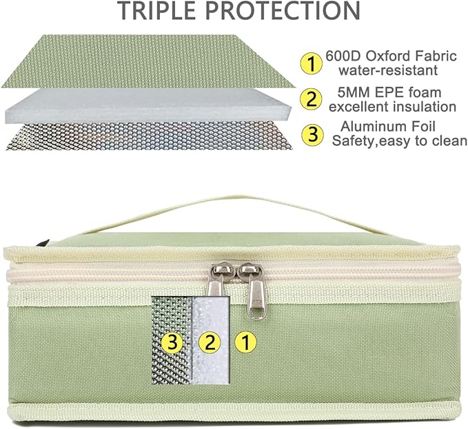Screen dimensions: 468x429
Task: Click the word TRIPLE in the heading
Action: point(159,11)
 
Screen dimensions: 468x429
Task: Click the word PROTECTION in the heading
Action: point(283,11)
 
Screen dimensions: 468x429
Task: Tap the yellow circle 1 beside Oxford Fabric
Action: point(311,63)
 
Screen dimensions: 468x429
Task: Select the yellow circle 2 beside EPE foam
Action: point(311,99)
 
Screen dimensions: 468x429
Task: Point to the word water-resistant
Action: point(388,71)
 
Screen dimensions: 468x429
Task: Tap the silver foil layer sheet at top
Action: point(150,136)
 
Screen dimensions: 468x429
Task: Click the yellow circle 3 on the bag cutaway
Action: point(172,342)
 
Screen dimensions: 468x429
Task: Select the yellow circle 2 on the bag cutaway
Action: point(210,342)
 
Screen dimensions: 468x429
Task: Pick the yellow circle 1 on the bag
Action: point(245,342)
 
